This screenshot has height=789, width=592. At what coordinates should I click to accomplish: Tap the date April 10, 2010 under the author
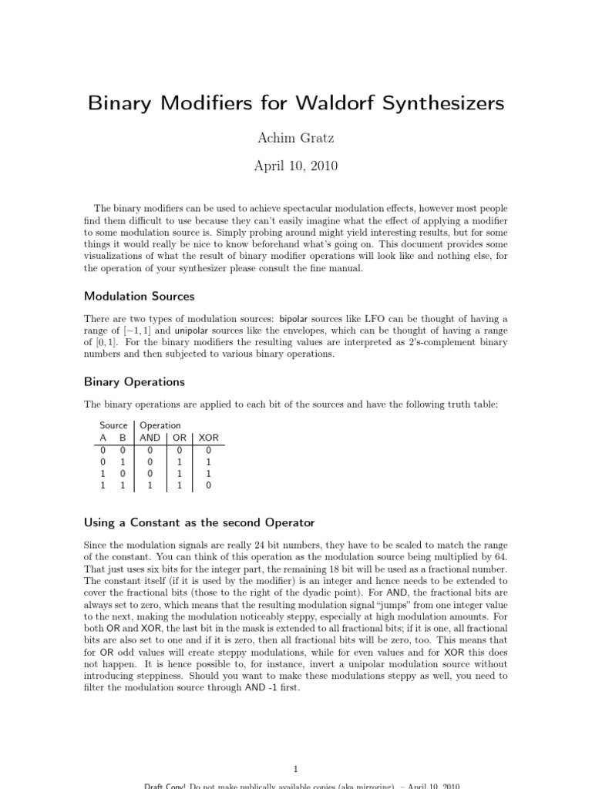[x=296, y=165]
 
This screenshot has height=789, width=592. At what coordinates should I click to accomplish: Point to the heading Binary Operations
[x=134, y=381]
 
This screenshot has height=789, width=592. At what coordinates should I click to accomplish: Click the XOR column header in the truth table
[x=209, y=438]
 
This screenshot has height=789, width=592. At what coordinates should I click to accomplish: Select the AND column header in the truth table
[x=150, y=438]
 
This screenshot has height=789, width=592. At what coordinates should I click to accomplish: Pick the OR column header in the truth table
[x=180, y=438]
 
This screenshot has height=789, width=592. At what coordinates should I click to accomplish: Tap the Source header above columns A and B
[x=113, y=425]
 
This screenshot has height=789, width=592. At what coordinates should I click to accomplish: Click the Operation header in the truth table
[x=160, y=425]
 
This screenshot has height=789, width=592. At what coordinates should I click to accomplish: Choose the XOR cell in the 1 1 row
[x=208, y=486]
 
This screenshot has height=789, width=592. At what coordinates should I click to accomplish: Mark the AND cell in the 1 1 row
[x=150, y=486]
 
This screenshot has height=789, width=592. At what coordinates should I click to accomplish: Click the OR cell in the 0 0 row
[x=180, y=450]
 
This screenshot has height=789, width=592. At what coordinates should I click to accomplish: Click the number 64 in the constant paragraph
[x=501, y=557]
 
